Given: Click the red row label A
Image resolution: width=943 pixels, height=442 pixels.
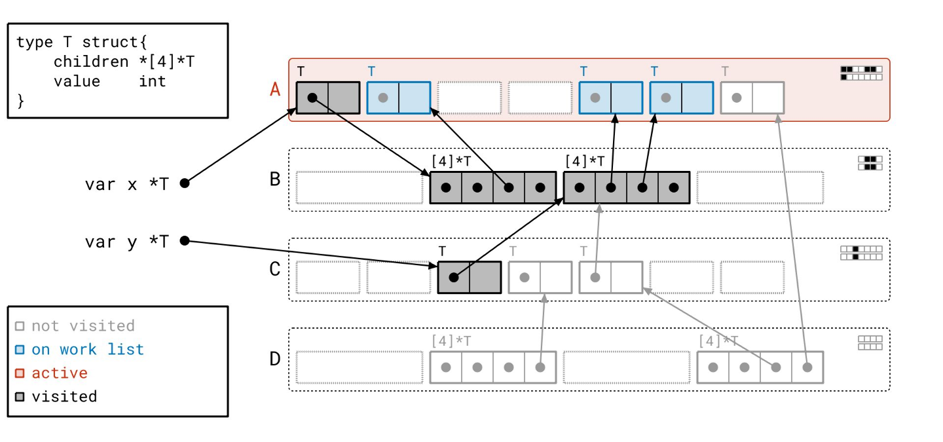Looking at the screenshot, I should tap(275, 89).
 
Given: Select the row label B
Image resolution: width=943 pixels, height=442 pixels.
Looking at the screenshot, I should tap(276, 179).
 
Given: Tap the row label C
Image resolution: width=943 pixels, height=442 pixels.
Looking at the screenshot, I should tap(276, 269).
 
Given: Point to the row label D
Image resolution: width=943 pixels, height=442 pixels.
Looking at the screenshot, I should tap(276, 359).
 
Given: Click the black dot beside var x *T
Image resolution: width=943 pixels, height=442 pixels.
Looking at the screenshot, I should tap(185, 183).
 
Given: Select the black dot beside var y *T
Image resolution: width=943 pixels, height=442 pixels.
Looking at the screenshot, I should tap(185, 241).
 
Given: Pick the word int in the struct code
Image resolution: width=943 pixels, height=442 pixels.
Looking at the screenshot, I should tap(153, 81).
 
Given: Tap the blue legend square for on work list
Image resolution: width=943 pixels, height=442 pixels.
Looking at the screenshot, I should tap(20, 350).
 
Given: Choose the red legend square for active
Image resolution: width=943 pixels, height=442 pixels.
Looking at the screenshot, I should tap(20, 373).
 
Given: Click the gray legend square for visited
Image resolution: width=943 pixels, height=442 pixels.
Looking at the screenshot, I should tap(20, 397).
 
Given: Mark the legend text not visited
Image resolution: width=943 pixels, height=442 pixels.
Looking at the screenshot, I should tap(83, 326).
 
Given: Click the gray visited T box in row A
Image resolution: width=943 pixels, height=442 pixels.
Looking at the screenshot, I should tap(328, 98).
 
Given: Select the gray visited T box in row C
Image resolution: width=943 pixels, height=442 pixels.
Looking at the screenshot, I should tap(470, 278).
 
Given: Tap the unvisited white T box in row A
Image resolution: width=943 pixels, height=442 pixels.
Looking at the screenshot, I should tap(752, 98).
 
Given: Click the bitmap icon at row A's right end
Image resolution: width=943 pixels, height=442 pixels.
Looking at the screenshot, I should tap(861, 73).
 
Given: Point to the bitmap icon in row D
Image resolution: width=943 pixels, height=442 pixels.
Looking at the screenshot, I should tap(870, 343).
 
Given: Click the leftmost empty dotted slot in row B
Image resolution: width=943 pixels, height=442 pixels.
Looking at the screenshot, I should tap(360, 188).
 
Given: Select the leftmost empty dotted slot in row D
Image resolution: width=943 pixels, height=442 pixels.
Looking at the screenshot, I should tap(360, 367).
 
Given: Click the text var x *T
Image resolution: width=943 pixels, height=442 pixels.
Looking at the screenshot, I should tap(126, 184).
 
